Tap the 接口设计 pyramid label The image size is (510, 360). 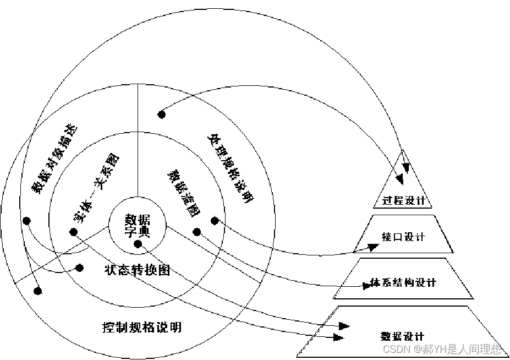(403, 237)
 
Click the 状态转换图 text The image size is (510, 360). (137, 270)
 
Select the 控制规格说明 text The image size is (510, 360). (142, 328)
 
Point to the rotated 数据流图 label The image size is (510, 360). (184, 192)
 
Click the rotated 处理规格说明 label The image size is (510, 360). (231, 167)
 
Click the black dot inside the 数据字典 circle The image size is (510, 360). (138, 244)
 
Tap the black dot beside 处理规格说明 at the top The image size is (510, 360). (161, 114)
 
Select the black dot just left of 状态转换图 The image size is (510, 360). (79, 268)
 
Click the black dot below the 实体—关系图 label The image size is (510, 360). (73, 232)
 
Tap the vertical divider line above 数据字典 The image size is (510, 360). (137, 143)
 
